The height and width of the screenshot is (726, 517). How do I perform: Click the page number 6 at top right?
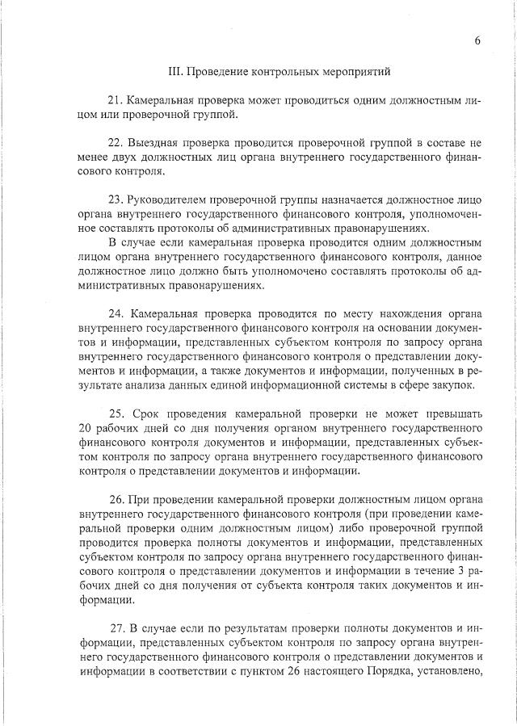point(477,41)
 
